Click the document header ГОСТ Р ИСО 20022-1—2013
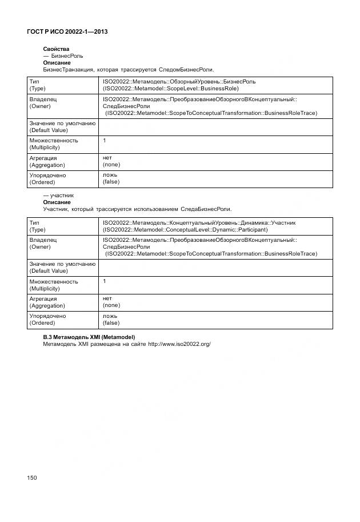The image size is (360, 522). click(x=67, y=32)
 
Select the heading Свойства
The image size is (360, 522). click(x=55, y=49)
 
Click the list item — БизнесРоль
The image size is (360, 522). click(x=63, y=56)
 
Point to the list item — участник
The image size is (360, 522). click(x=58, y=196)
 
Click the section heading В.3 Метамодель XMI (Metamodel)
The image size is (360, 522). click(x=93, y=337)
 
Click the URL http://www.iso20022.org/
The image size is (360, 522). click(x=179, y=344)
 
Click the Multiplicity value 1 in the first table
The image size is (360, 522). click(x=105, y=141)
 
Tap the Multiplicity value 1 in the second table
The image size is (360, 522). click(x=105, y=281)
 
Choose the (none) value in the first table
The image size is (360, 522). click(x=111, y=165)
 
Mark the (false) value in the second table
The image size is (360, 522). click(x=111, y=323)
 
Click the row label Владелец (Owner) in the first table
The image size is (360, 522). click(x=43, y=102)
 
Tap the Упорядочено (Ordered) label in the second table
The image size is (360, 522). click(x=47, y=320)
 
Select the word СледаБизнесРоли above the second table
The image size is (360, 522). click(x=206, y=209)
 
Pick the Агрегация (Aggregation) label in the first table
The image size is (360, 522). click(x=47, y=161)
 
